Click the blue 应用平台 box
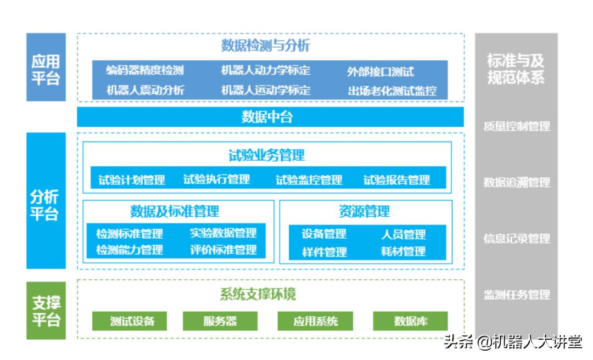coord(46,67)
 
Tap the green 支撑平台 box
coord(46,311)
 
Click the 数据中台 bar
coord(270,117)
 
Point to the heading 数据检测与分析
coord(265,46)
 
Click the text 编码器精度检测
coord(144,70)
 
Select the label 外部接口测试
coord(380,71)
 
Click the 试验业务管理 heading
coord(266,155)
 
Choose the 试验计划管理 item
coord(132,179)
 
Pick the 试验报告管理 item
coord(396,179)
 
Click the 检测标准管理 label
coord(130,233)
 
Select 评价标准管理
coord(223,250)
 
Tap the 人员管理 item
coord(404,234)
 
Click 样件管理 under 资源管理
coord(324,252)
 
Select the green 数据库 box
coord(410,321)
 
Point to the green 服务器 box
coord(220,321)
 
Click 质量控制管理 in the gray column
coord(516,126)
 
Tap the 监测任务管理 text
coord(516,295)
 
